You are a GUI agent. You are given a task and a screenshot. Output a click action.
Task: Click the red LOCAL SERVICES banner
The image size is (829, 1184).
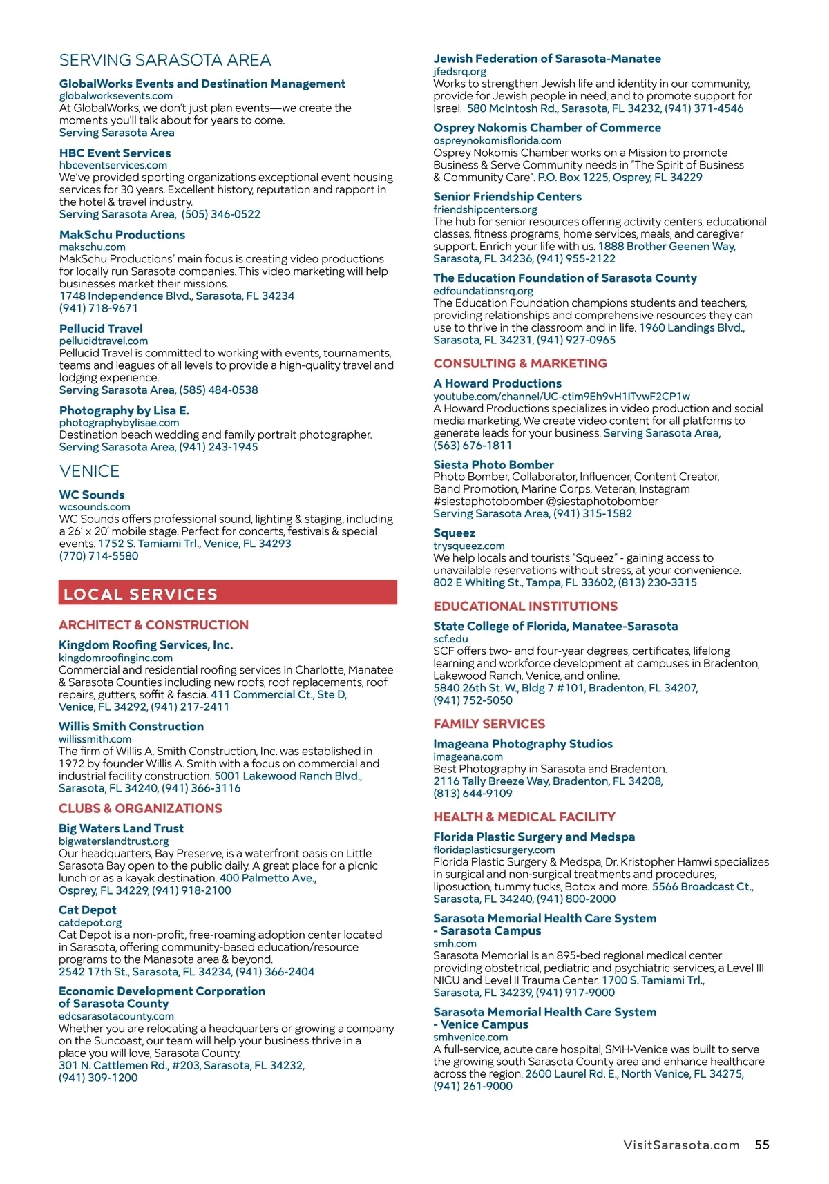[227, 593]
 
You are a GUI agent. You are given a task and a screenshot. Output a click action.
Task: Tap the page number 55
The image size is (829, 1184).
[762, 1145]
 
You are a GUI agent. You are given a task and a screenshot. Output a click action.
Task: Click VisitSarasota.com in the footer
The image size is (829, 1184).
[681, 1145]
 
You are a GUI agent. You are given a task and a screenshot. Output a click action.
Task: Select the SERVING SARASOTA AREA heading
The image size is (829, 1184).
[165, 60]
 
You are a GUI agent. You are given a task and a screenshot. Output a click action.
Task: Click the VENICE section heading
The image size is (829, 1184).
[89, 471]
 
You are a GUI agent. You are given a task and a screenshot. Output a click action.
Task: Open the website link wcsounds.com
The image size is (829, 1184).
[95, 507]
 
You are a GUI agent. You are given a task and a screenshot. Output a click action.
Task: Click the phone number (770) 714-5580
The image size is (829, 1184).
[99, 555]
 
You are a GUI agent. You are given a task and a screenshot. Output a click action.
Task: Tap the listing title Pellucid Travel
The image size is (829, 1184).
[101, 329]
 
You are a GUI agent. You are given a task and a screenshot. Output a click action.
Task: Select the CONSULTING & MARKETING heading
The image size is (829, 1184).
[520, 363]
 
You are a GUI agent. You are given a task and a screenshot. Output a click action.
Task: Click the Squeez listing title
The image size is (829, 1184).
[454, 533]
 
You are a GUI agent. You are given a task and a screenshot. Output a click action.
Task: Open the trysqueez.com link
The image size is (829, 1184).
[469, 546]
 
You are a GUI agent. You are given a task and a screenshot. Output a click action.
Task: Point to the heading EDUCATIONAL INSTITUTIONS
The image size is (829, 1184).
[525, 606]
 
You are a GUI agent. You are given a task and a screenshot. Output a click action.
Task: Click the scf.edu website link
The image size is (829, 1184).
[450, 639]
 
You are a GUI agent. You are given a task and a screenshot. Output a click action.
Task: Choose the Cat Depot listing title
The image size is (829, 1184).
[88, 910]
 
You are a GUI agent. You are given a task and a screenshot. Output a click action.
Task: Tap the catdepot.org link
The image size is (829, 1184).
[90, 923]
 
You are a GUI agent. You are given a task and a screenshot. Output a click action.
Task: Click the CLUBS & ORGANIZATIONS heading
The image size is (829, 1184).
[140, 808]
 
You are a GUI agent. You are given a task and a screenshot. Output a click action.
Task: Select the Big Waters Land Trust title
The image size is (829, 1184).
[121, 828]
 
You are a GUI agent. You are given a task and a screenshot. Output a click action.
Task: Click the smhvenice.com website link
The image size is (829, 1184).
[470, 1037]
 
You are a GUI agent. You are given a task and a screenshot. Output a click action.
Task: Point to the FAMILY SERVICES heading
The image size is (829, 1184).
[489, 724]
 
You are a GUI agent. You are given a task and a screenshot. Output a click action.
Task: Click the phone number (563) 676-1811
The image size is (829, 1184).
[473, 446]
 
